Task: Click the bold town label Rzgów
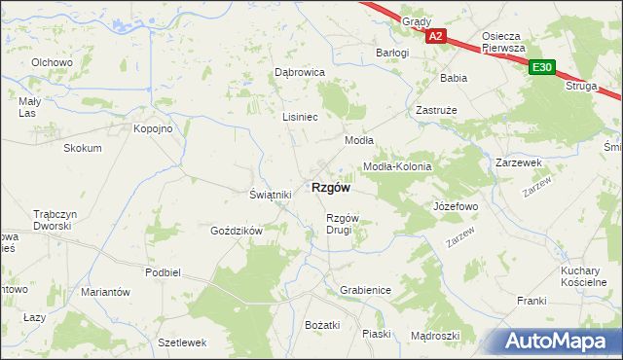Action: click(330, 188)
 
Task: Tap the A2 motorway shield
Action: click(435, 37)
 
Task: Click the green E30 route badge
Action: click(542, 67)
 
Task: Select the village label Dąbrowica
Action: click(298, 72)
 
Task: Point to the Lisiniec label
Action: click(300, 116)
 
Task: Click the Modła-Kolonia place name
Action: click(396, 166)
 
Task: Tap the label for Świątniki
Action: click(271, 195)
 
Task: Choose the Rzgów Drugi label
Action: click(344, 224)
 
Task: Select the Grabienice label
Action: click(365, 290)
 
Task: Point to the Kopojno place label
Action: click(153, 128)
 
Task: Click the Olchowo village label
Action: click(53, 62)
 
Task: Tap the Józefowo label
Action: click(455, 207)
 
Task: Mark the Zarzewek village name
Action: click(518, 162)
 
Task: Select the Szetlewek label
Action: click(182, 342)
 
